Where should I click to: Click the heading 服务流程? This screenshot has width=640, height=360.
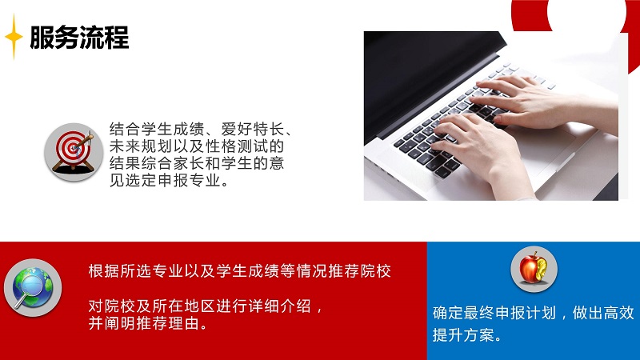[x=79, y=37]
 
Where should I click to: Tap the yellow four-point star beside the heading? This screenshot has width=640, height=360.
[x=14, y=37]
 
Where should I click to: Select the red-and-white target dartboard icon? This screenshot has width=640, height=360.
[x=74, y=152]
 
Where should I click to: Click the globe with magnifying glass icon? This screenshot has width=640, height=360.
[x=33, y=288]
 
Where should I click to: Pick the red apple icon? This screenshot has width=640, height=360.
[x=534, y=269]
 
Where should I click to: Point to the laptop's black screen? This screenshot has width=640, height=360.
[x=429, y=78]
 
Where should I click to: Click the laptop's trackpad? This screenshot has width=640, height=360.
[x=543, y=151]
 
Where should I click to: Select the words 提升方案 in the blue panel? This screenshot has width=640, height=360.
[x=463, y=335]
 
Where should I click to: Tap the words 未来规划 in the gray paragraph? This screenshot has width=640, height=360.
[x=141, y=146]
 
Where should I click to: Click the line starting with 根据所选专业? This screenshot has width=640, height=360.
[x=240, y=271]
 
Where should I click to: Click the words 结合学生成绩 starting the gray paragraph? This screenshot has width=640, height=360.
[x=157, y=130]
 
